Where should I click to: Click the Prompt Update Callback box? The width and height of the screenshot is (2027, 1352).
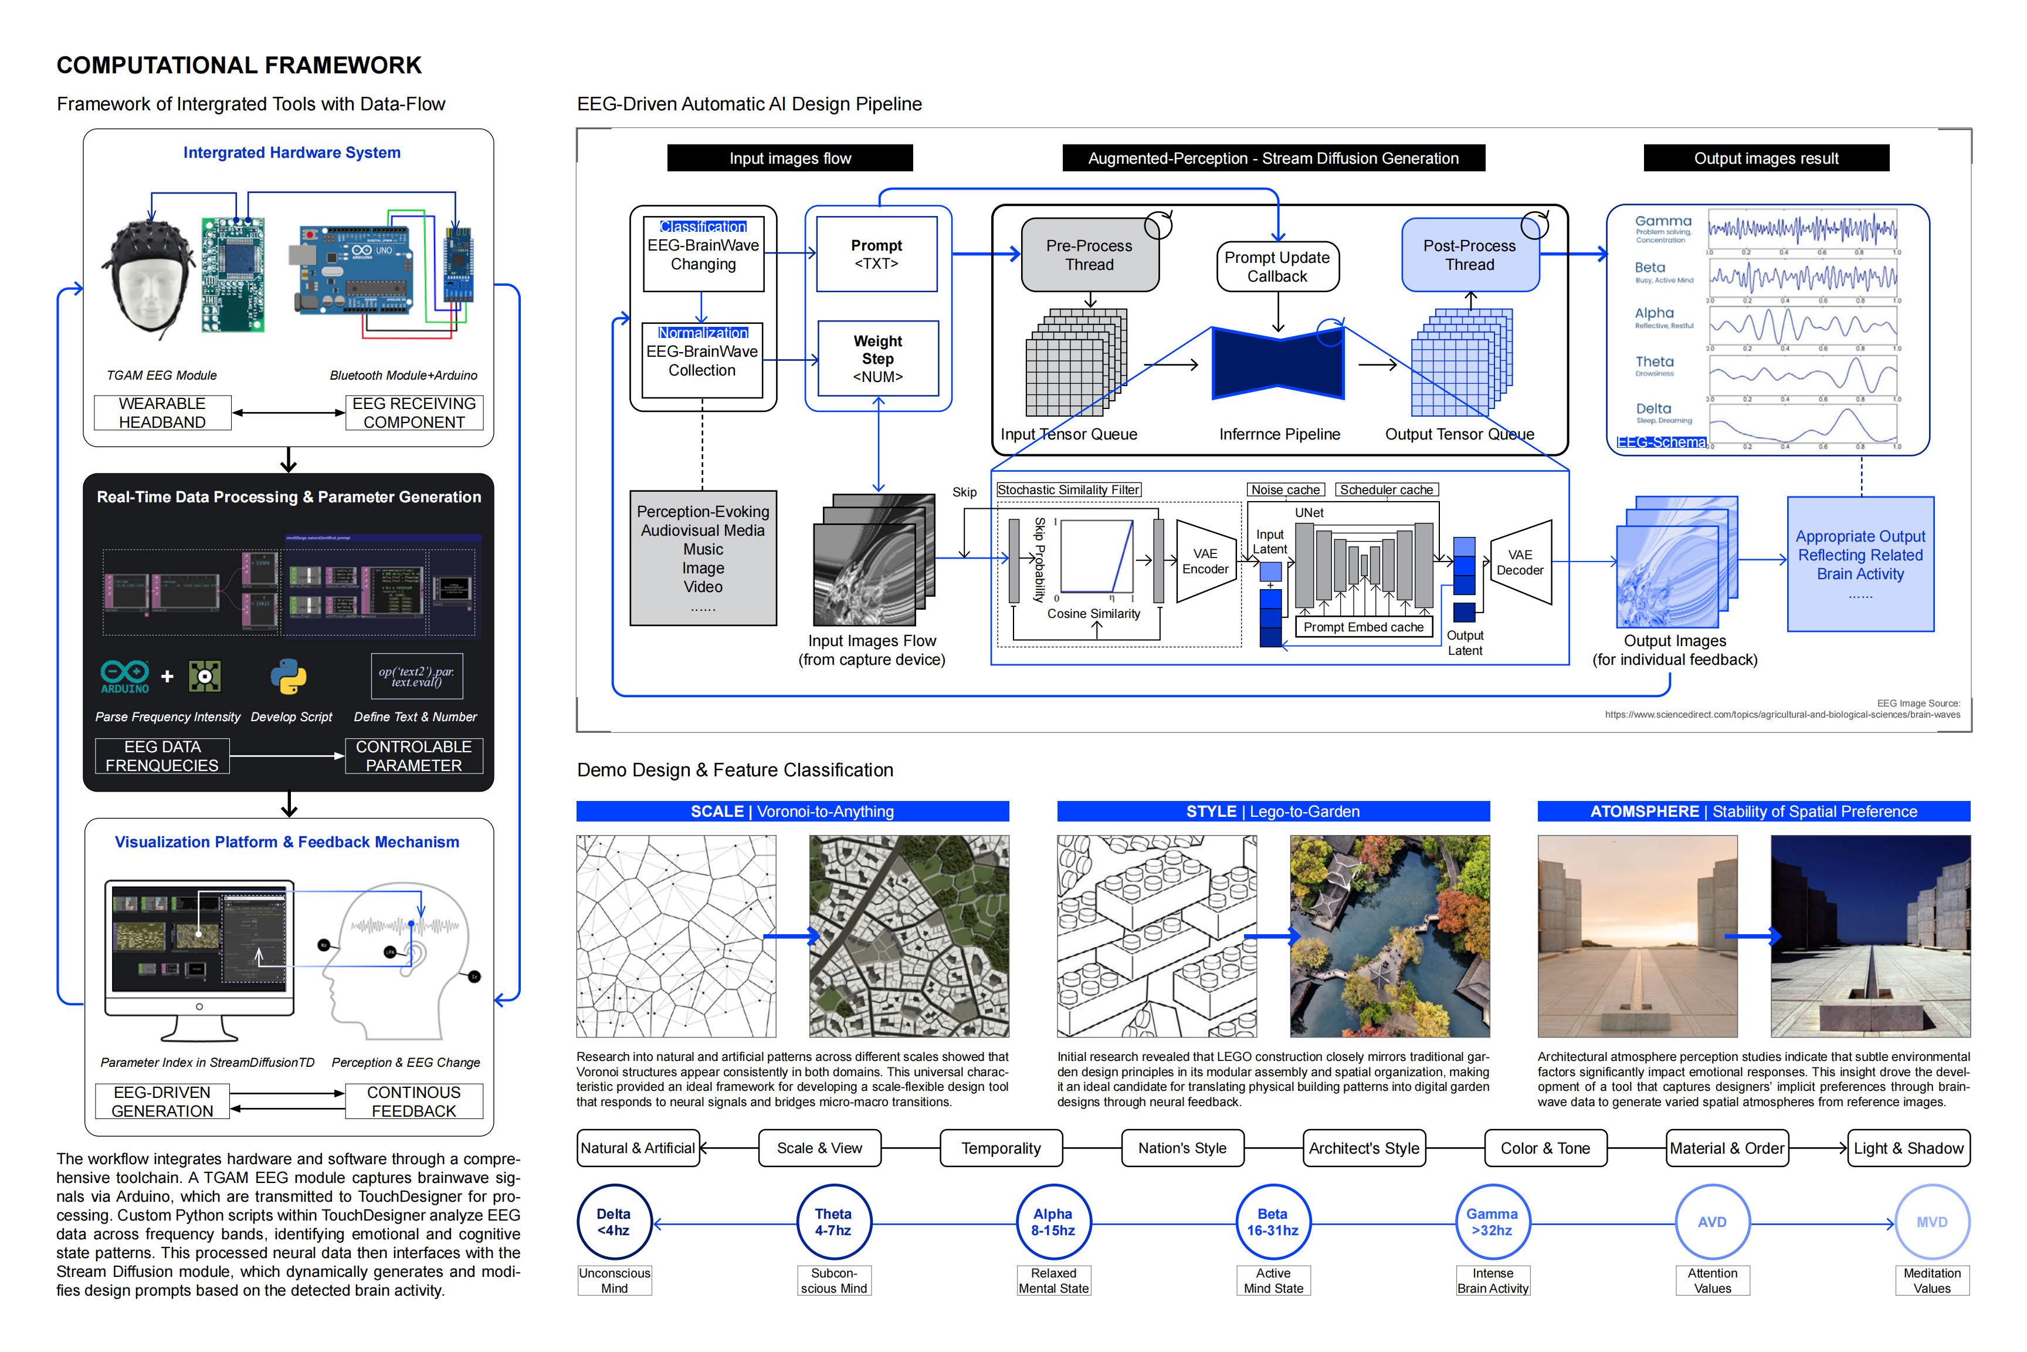coord(1277,266)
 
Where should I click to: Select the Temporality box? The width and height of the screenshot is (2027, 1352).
coord(1001,1148)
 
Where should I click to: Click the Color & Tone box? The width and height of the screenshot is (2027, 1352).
coord(1545,1148)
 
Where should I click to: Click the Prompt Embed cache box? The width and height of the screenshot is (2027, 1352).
coord(1364,627)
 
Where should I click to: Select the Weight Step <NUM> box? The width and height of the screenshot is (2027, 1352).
coord(877,359)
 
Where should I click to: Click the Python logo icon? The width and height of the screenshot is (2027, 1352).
coord(289,677)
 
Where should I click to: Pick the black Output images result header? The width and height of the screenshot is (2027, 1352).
coord(1766,158)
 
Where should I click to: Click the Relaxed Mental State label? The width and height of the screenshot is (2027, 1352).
coord(1053,1280)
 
